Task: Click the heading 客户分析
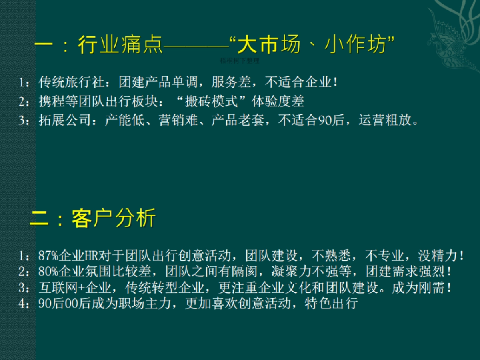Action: coord(114,219)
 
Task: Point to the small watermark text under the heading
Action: coord(240,61)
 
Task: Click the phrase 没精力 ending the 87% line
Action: coord(438,255)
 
